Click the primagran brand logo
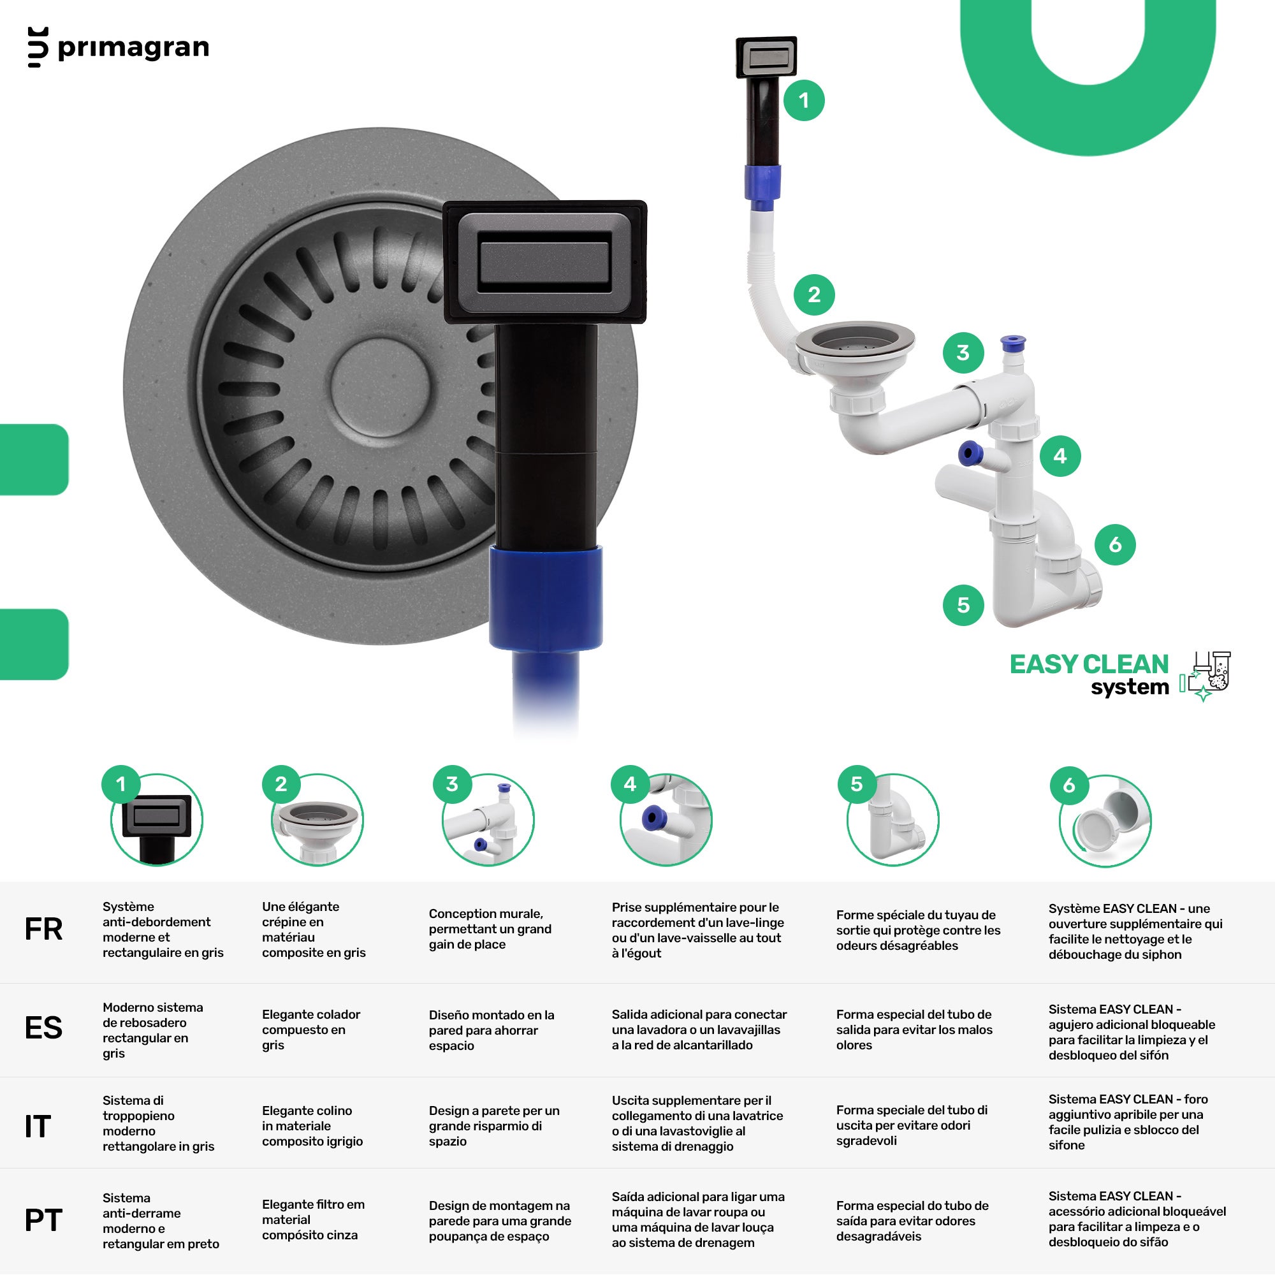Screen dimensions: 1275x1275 pyautogui.click(x=119, y=48)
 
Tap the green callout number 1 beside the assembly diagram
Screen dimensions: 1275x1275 pyautogui.click(x=804, y=100)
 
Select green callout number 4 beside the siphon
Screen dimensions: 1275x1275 pyautogui.click(x=1060, y=455)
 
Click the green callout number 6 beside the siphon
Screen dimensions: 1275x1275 pyautogui.click(x=1114, y=544)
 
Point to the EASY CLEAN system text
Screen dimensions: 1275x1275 pyautogui.click(x=1089, y=674)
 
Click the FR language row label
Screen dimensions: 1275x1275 pyautogui.click(x=43, y=929)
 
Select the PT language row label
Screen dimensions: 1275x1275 pyautogui.click(x=43, y=1220)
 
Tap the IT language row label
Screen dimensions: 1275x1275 pyautogui.click(x=38, y=1126)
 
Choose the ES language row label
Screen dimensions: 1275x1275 pyautogui.click(x=43, y=1028)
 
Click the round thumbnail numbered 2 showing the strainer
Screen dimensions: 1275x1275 pyautogui.click(x=317, y=820)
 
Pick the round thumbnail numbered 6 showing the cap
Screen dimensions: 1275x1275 pyautogui.click(x=1105, y=821)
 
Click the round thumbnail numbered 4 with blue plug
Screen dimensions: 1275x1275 pyautogui.click(x=666, y=820)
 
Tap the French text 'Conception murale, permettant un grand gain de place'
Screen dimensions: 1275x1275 pyautogui.click(x=490, y=929)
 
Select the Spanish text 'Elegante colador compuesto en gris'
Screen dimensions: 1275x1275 pyautogui.click(x=311, y=1030)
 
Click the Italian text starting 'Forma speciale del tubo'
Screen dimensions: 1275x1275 pyautogui.click(x=912, y=1125)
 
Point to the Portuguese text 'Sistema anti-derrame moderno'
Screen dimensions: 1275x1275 pyautogui.click(x=161, y=1221)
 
